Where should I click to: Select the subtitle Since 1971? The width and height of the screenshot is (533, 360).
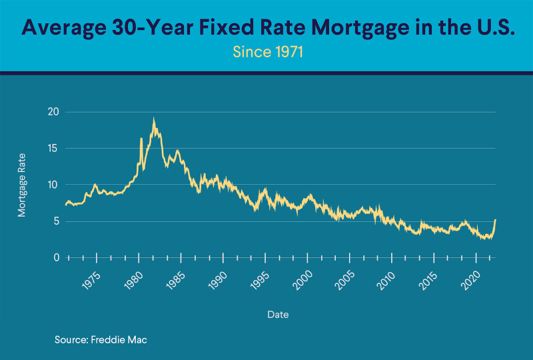coord(266,52)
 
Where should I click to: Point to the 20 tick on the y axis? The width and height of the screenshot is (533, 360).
coord(53,112)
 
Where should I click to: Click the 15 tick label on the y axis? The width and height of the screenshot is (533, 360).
coord(53,149)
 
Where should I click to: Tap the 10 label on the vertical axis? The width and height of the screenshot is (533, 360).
coord(53,185)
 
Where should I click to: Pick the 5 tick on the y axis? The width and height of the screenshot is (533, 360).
coord(56,221)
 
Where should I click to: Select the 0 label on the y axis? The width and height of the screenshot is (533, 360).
coord(56,257)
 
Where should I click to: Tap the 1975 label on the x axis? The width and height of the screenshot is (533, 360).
coord(91,278)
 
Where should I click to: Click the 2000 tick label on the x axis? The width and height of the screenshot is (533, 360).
coord(302,278)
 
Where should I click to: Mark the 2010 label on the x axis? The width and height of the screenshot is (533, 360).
coord(386,278)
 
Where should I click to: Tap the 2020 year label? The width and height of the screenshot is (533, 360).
coord(470,278)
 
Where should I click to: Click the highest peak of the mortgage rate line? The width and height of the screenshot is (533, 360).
coord(154,119)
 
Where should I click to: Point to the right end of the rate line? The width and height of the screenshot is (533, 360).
coord(495,220)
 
